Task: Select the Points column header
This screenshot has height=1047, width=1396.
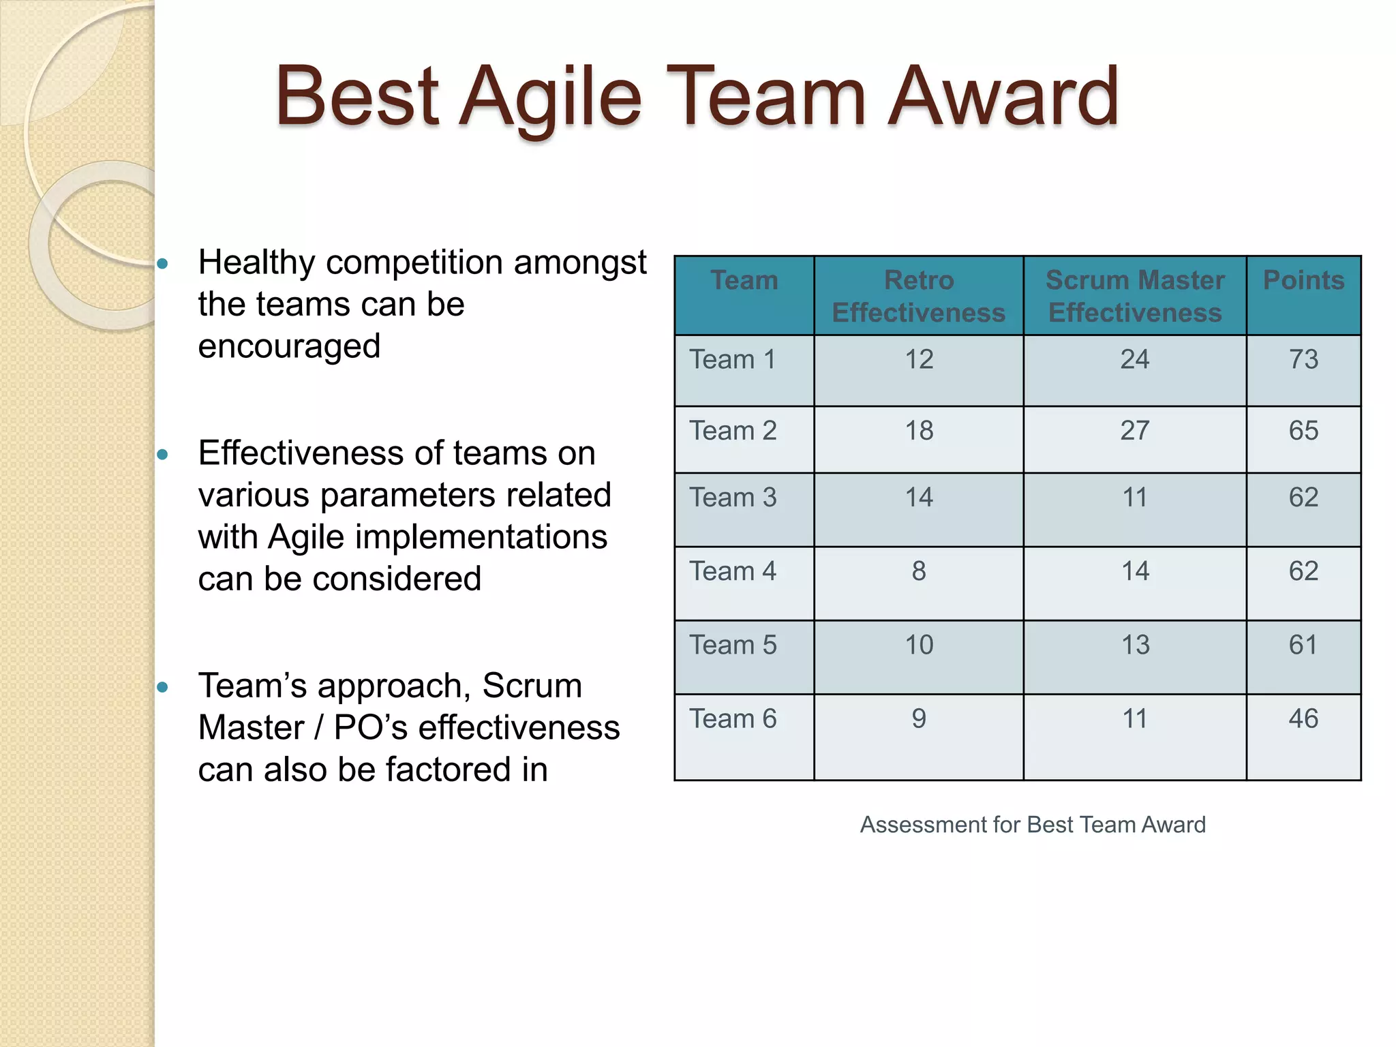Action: pyautogui.click(x=1303, y=280)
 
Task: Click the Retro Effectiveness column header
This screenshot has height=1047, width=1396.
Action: pyautogui.click(x=918, y=297)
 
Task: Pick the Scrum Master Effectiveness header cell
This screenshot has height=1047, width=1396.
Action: pyautogui.click(x=1135, y=297)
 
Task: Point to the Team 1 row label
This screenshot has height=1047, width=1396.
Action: pyautogui.click(x=733, y=359)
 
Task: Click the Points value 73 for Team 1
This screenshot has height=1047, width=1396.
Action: pyautogui.click(x=1303, y=359)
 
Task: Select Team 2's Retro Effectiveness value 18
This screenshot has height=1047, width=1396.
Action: pyautogui.click(x=919, y=431)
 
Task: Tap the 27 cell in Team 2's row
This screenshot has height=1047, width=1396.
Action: pyautogui.click(x=1135, y=431)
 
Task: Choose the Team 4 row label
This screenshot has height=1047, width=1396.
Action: pyautogui.click(x=733, y=571)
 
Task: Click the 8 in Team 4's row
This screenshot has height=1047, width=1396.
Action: pyautogui.click(x=919, y=571)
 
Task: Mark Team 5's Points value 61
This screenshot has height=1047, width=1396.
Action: pyautogui.click(x=1303, y=645)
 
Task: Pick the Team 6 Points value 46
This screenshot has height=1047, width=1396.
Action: pyautogui.click(x=1303, y=718)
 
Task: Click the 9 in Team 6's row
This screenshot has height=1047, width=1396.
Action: pyautogui.click(x=919, y=718)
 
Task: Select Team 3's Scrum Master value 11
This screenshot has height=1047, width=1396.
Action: pyautogui.click(x=1135, y=498)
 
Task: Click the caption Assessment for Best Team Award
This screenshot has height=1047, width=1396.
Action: pyautogui.click(x=1033, y=825)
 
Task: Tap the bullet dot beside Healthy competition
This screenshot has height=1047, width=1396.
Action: pyautogui.click(x=162, y=264)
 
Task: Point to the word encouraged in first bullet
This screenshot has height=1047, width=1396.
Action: pyautogui.click(x=289, y=346)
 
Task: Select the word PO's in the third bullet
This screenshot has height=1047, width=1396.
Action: pyautogui.click(x=371, y=728)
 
